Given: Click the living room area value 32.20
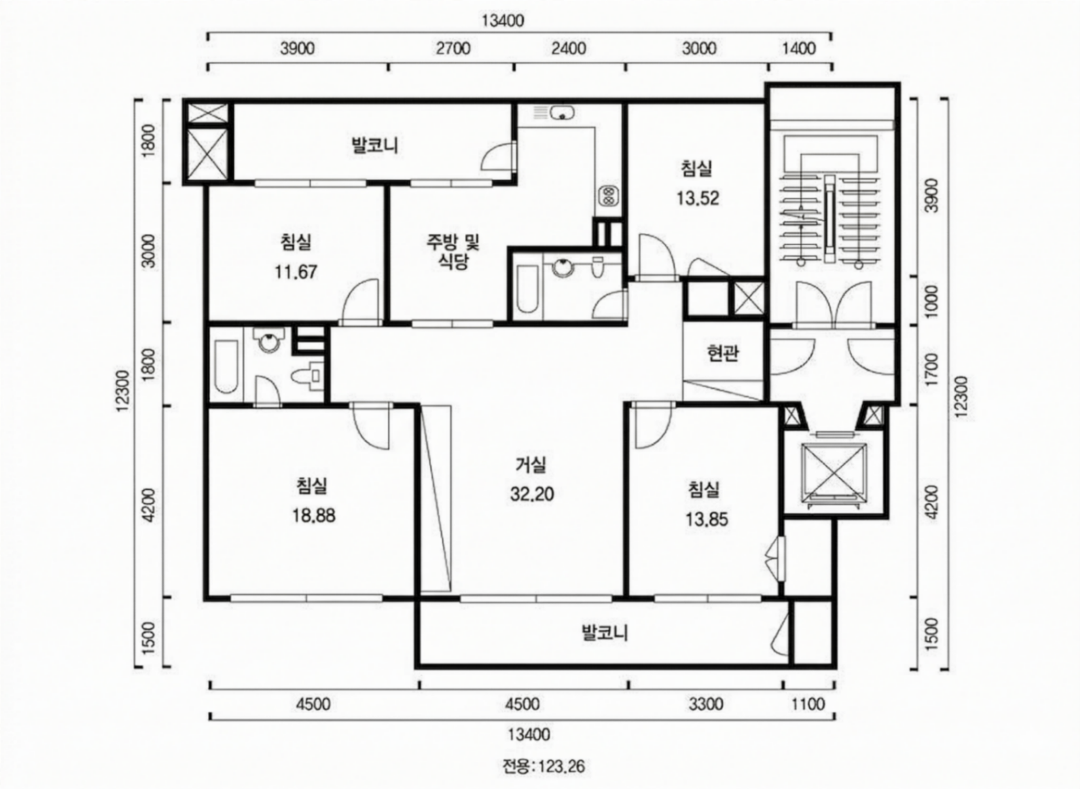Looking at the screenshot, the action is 532,494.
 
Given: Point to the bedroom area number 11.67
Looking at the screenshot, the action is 296,272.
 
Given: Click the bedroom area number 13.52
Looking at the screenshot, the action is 698,198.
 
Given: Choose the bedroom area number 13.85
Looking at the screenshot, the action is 707,519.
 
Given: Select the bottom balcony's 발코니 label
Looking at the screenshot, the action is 605,633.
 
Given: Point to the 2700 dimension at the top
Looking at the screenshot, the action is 453,49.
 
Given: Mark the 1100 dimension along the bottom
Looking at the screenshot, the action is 808,704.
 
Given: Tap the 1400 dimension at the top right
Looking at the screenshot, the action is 800,49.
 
